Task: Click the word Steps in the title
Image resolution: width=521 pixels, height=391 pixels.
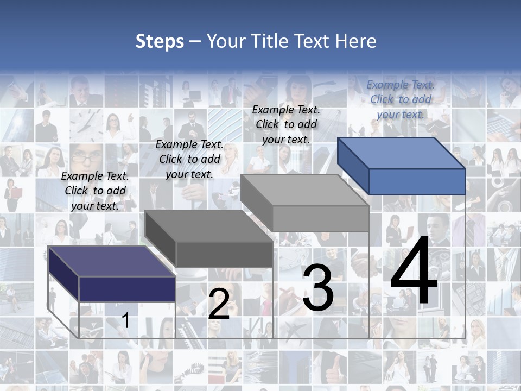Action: [160, 41]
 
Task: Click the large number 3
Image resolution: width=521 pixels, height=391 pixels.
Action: [318, 288]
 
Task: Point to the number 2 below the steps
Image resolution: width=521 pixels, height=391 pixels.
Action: [219, 304]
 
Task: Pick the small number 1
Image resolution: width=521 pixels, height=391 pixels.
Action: [126, 320]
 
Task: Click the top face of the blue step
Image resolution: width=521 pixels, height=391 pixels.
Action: [402, 153]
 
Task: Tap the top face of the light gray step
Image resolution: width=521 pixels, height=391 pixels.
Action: [304, 190]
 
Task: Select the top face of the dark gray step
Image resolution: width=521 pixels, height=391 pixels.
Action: [208, 226]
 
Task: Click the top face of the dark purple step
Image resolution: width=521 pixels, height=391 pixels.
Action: [111, 261]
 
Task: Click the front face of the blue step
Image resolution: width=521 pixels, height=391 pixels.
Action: [417, 181]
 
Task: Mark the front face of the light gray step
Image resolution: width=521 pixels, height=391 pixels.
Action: [320, 218]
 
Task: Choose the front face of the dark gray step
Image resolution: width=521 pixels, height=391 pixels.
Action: [224, 254]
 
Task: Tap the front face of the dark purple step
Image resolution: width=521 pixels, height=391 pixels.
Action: [127, 289]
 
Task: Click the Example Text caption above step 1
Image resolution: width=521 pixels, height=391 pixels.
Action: [95, 191]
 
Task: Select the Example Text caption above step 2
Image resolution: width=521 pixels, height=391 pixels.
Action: [189, 159]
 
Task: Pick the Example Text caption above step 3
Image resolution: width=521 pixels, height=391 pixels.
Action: [286, 124]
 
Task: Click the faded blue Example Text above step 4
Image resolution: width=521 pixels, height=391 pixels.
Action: [401, 99]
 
